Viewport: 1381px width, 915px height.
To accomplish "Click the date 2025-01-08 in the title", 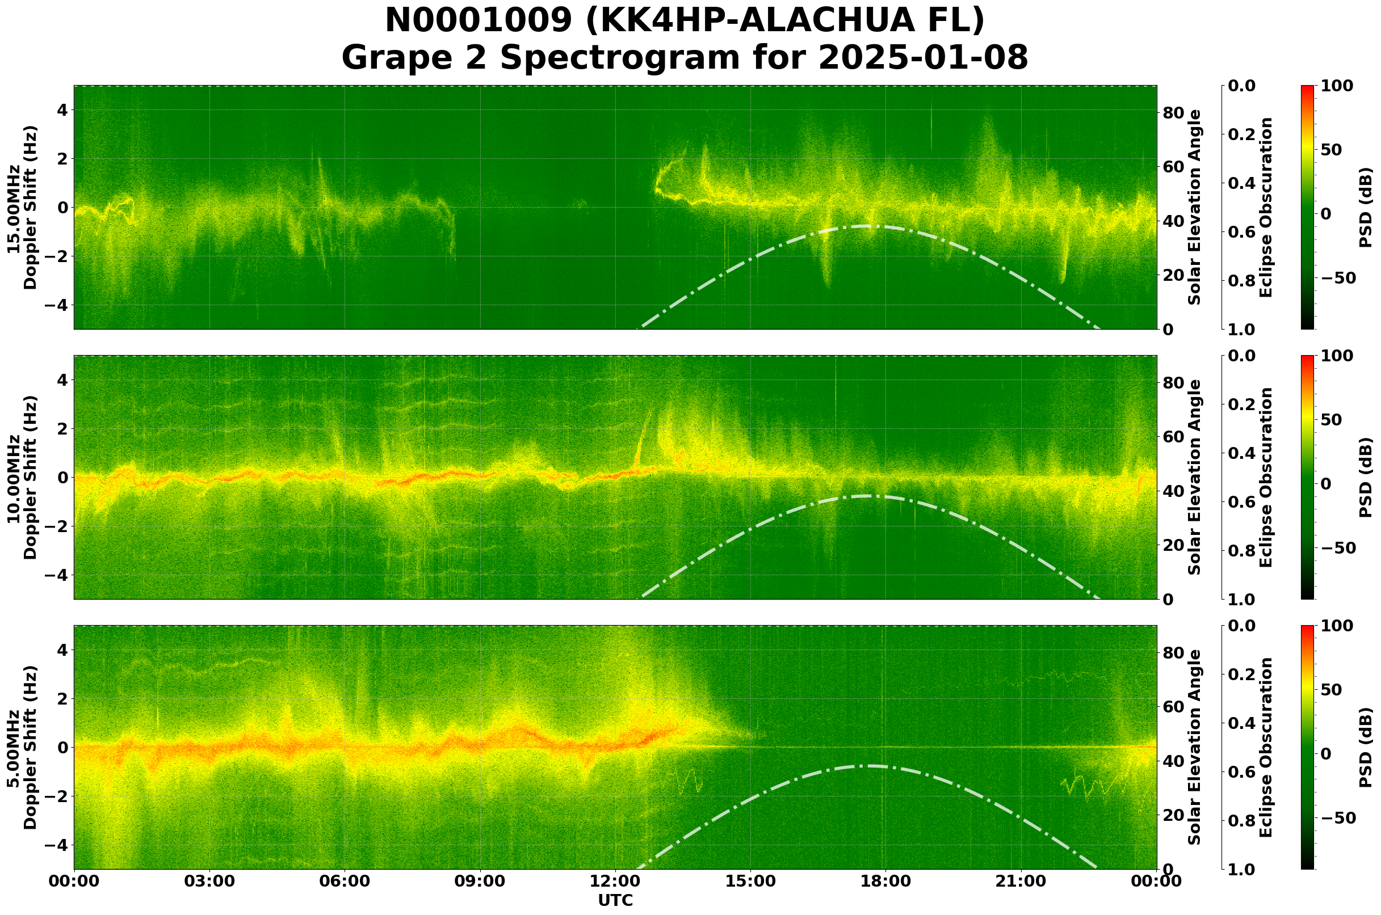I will [922, 58].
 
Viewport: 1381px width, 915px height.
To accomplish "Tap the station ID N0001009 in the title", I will [478, 21].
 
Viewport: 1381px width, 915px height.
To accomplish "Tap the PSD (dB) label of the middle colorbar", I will [1365, 477].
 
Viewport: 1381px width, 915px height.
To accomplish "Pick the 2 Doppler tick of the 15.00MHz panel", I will [61, 159].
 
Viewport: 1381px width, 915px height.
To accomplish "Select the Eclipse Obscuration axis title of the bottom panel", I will [1265, 747].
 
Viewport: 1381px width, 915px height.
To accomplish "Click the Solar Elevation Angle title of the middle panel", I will [1195, 477].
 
